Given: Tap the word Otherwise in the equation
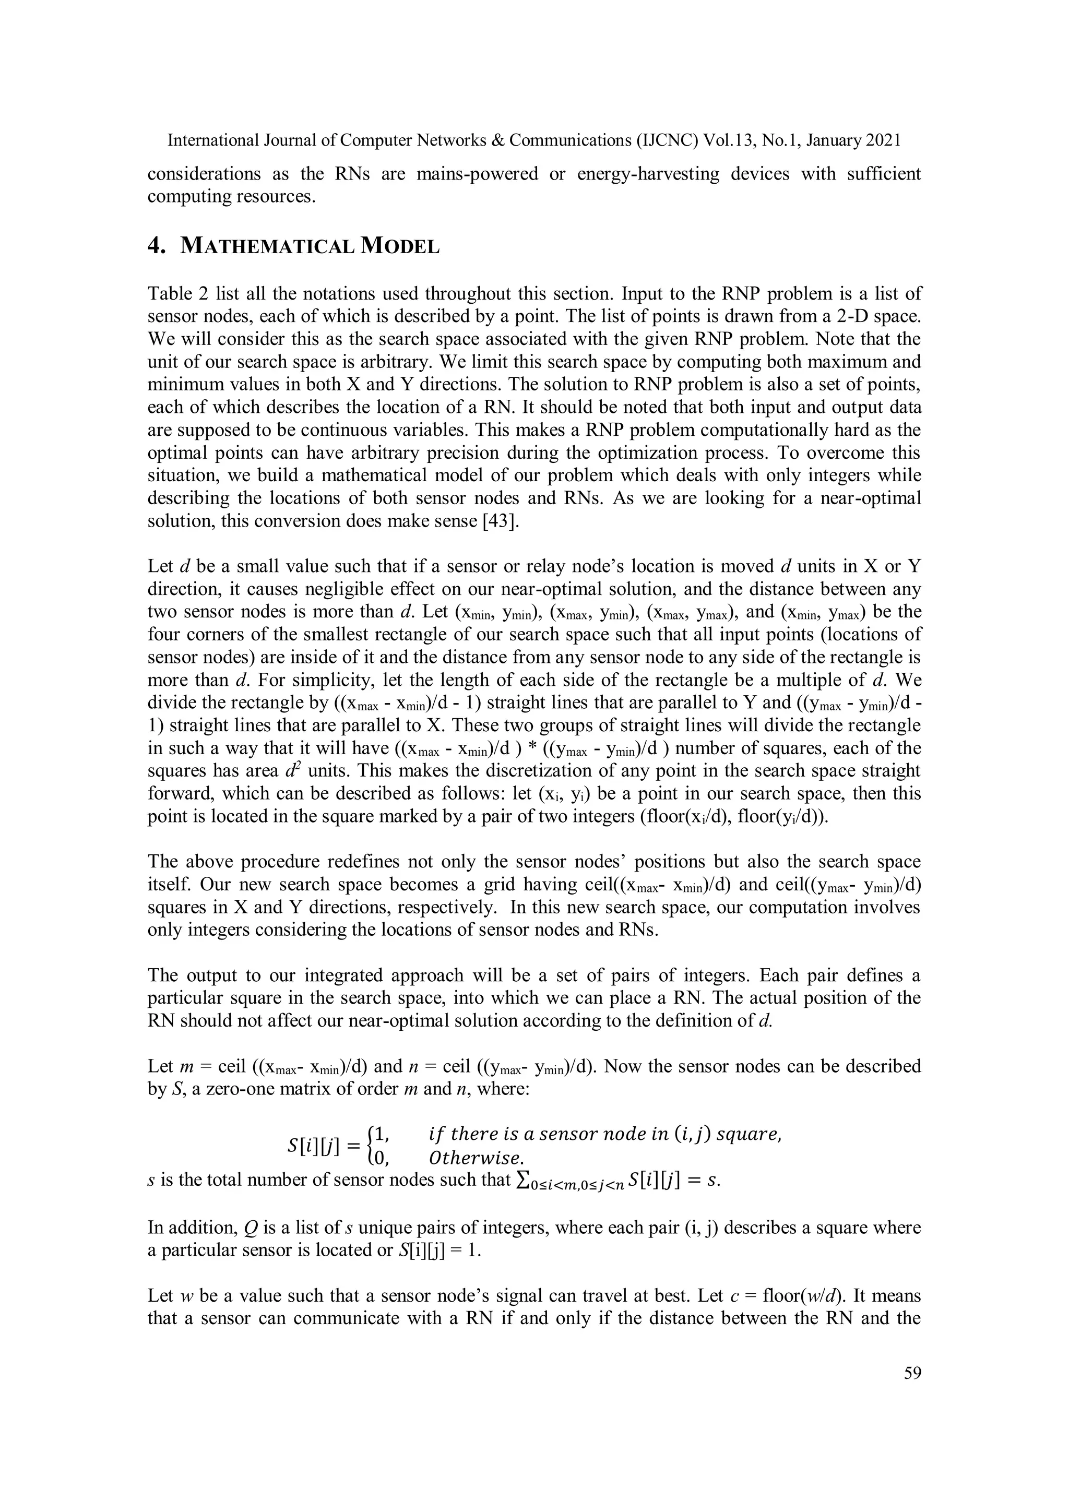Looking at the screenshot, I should [x=476, y=1157].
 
